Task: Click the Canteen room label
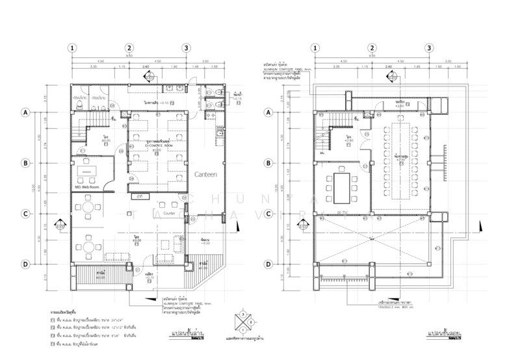coord(206,174)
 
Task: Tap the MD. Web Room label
coord(86,188)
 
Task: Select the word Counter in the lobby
coord(170,213)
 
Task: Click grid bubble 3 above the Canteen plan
coord(187,49)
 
